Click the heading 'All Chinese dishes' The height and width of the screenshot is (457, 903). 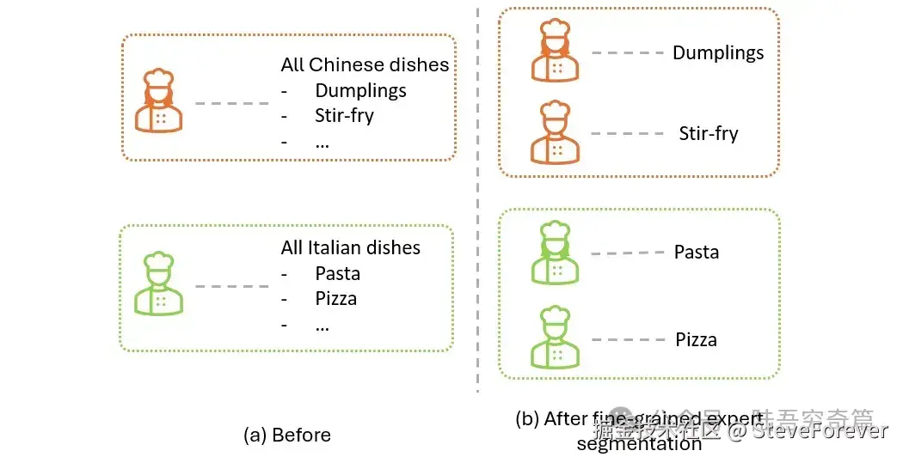(365, 64)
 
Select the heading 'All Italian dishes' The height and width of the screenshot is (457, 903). (350, 247)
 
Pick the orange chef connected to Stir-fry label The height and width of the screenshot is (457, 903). (555, 132)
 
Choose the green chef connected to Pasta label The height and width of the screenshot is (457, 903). (555, 253)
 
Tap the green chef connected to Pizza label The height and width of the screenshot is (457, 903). (555, 338)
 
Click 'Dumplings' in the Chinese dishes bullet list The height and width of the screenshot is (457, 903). (360, 90)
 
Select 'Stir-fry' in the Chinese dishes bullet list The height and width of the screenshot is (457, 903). (344, 115)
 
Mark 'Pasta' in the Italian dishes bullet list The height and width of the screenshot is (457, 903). (337, 274)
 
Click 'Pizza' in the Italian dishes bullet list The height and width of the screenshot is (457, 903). (335, 299)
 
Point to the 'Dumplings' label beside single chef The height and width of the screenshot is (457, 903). (718, 52)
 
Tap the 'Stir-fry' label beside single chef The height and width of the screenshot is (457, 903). (709, 134)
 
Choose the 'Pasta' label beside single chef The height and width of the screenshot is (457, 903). (696, 253)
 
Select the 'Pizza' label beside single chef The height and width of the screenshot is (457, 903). (696, 339)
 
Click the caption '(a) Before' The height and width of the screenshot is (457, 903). (286, 435)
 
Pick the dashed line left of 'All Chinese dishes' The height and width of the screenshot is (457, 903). (231, 104)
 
